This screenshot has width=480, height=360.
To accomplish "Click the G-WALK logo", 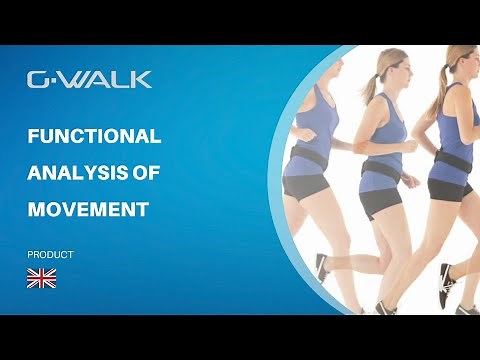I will click(89, 79).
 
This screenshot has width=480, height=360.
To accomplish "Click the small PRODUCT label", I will click(50, 255).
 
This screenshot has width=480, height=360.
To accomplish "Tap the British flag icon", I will click(41, 278).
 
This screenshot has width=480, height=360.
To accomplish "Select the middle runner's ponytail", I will click(370, 85).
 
